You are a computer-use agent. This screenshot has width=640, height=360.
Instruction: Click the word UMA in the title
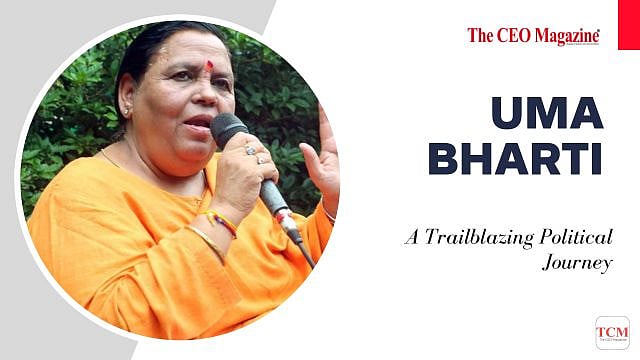tap(548, 113)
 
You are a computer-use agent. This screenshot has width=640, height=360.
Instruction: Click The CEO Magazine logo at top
tap(533, 36)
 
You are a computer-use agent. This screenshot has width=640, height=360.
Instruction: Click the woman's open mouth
tap(198, 122)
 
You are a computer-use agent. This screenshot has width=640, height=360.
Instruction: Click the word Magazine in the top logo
tap(565, 36)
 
